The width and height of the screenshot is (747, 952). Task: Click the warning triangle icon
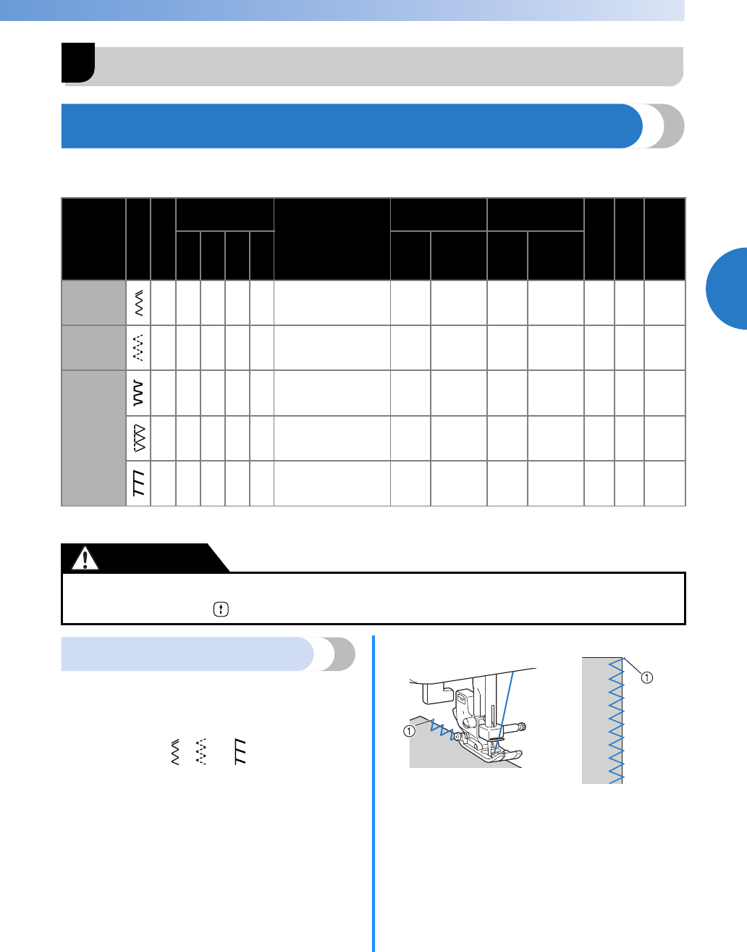(x=85, y=559)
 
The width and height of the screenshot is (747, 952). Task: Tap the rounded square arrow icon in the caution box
(x=220, y=610)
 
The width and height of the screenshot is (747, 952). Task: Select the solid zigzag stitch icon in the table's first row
(x=138, y=303)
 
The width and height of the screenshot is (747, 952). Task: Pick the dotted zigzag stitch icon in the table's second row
(x=138, y=348)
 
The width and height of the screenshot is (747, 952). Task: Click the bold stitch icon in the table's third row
(x=138, y=393)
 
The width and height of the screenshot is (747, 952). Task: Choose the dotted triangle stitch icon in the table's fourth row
(x=138, y=438)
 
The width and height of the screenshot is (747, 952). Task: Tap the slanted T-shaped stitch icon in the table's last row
(x=138, y=483)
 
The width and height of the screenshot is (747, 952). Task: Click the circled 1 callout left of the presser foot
(x=410, y=731)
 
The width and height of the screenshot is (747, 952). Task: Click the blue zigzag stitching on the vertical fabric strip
(x=616, y=721)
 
